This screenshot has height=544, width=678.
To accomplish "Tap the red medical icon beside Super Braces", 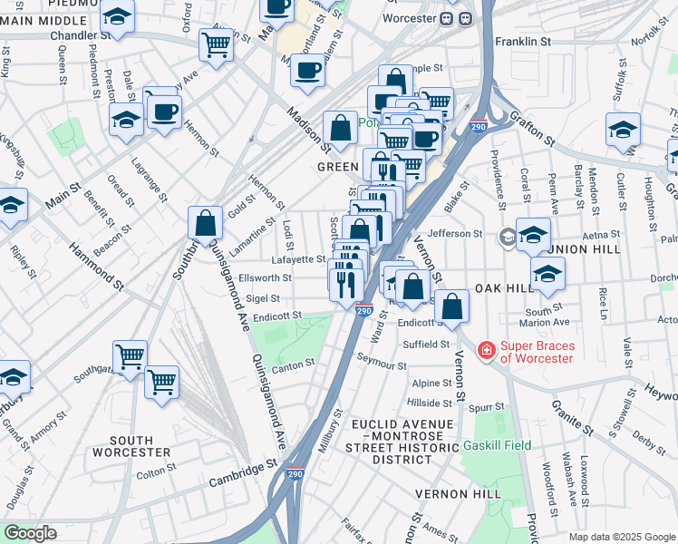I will tap(487, 349).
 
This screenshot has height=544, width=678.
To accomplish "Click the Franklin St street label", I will tap(523, 42).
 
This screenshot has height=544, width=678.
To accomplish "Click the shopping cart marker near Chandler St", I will tap(217, 44).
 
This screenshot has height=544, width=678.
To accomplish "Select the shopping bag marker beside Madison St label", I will tap(340, 128).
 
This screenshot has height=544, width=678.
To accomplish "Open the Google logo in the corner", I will tap(29, 533).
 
